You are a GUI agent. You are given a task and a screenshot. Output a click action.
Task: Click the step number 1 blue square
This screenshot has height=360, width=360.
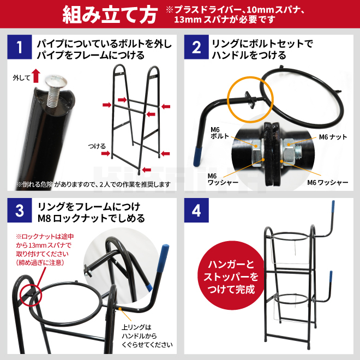[20, 47]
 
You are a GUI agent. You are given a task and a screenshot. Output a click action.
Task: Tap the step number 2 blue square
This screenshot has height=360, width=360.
[196, 47]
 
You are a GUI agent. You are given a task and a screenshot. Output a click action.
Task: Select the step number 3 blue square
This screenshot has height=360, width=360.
[20, 211]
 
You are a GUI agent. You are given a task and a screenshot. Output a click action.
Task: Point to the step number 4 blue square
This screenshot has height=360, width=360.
[196, 211]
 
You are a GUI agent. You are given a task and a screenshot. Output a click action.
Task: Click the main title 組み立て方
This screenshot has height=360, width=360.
[110, 15]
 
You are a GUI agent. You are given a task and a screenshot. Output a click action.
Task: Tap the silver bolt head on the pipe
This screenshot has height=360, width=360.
[56, 80]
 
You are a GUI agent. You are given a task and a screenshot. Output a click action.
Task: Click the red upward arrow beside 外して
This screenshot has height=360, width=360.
[36, 76]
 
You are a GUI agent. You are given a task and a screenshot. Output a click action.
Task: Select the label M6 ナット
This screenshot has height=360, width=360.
[333, 137]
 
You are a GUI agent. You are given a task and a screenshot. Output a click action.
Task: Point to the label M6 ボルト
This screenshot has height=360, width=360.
[220, 133]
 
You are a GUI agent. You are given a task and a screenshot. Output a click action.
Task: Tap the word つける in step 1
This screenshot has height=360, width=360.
[97, 146]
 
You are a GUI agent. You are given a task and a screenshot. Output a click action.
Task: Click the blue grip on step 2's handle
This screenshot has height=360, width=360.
[197, 157]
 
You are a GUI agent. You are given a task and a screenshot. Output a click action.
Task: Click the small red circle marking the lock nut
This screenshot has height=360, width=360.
[31, 295]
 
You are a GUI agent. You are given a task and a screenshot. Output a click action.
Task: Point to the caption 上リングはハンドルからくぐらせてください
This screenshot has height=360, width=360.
[147, 336]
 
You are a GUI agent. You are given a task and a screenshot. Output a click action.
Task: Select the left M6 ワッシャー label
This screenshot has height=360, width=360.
[223, 179]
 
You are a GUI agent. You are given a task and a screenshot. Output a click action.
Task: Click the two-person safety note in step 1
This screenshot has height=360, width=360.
[93, 184]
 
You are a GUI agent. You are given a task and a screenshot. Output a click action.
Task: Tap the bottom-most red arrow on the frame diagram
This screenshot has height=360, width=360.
[147, 170]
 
